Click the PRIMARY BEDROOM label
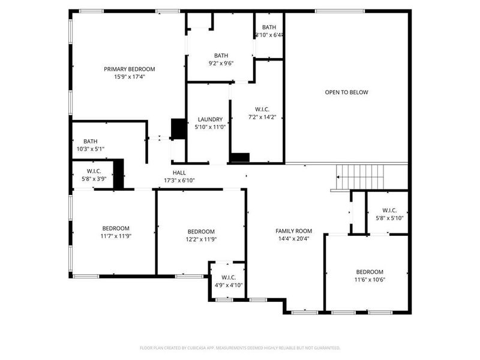point(125,69)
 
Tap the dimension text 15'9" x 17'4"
point(125,77)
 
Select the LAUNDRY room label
point(209,119)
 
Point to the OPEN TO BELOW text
point(346,92)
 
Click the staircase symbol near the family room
point(346,178)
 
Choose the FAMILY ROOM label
point(293,231)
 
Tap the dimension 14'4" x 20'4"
point(293,238)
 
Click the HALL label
point(179,172)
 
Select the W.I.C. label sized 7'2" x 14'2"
point(262,109)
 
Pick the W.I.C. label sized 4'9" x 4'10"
point(228,277)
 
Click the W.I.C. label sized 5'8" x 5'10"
point(389,211)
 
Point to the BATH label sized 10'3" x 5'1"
point(91,142)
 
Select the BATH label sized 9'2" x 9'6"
point(221,55)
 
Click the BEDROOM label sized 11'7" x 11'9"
point(116,228)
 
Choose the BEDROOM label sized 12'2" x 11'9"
point(201,232)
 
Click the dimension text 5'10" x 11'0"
point(209,127)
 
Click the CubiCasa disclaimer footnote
point(240,347)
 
